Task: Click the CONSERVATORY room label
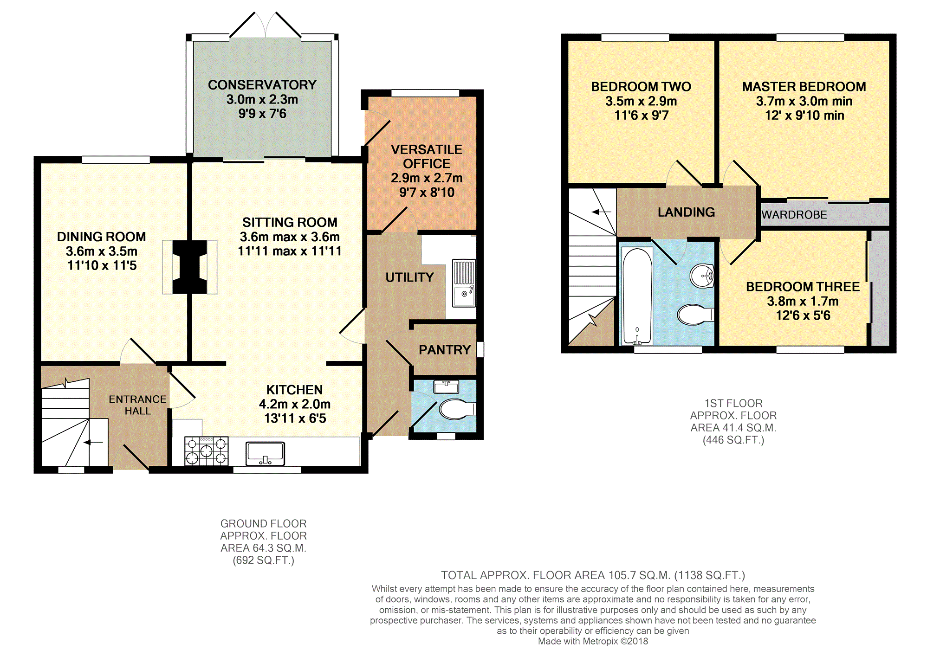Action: (262, 85)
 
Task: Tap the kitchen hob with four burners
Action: (207, 451)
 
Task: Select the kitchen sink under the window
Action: (265, 453)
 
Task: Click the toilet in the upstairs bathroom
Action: (695, 315)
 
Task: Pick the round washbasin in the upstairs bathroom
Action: (702, 276)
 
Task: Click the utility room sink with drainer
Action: (464, 283)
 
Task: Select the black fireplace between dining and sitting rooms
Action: (189, 267)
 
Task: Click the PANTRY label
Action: (445, 350)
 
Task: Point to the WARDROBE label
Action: (794, 215)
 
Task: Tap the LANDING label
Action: (686, 212)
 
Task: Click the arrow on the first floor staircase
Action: (602, 212)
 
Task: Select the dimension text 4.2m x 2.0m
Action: (295, 404)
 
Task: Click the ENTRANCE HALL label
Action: (137, 405)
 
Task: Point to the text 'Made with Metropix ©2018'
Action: (593, 641)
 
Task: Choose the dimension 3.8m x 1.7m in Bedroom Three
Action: (803, 301)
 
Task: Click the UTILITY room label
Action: (409, 277)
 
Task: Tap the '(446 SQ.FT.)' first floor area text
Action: (733, 440)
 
